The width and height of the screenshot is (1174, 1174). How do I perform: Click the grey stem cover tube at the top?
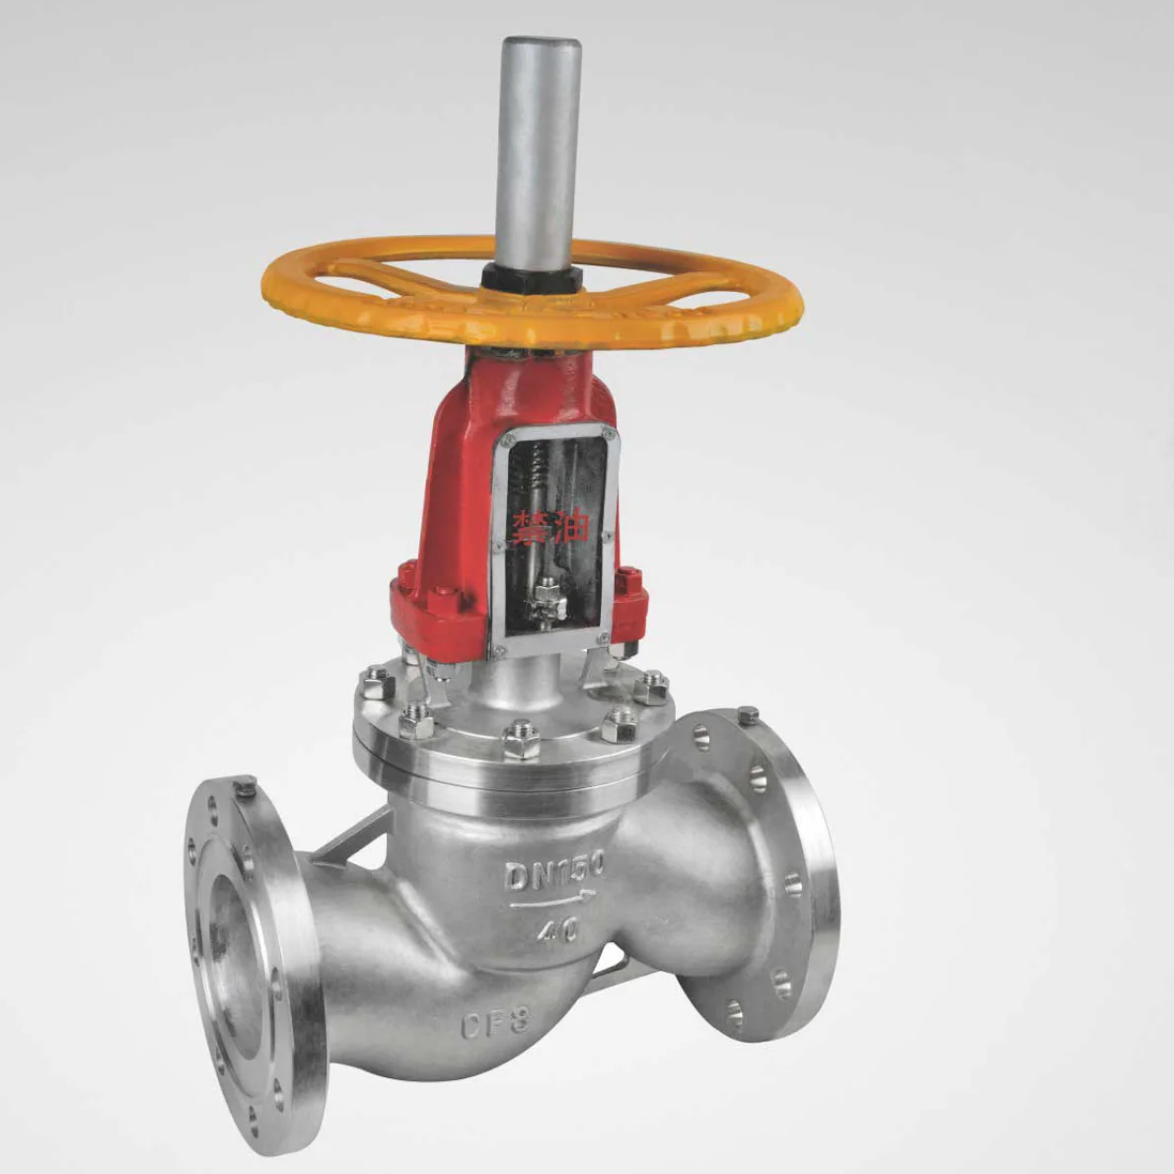540,148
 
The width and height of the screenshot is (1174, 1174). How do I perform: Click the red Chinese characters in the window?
550,526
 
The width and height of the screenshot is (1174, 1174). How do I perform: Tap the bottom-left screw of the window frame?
499,649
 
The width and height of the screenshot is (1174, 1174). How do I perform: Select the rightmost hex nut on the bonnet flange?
651,686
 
